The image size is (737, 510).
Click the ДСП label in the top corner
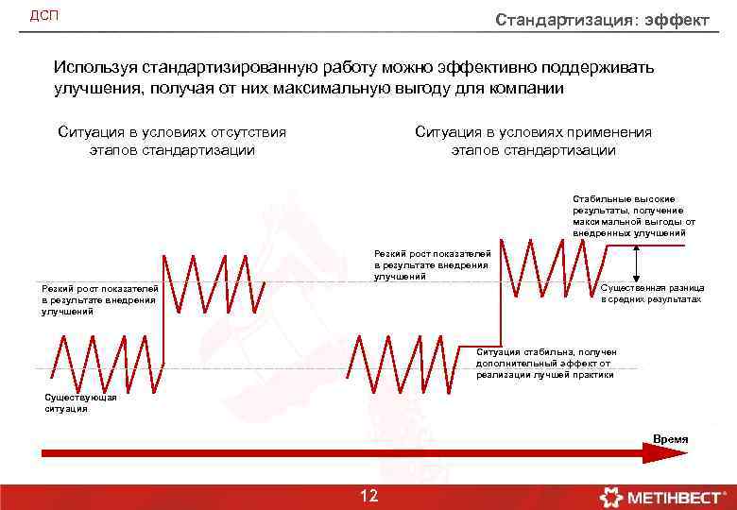point(43,16)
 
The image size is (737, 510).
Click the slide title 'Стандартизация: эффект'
point(602,21)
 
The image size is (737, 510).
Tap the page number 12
point(368,496)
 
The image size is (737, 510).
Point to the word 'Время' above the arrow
point(671,439)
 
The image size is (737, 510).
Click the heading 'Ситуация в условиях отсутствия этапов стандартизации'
point(172,141)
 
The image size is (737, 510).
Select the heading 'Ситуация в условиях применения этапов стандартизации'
point(533,141)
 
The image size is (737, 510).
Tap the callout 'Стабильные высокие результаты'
point(634,215)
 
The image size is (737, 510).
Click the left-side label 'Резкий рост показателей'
point(99,299)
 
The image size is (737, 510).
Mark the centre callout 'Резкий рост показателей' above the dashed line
point(432,265)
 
